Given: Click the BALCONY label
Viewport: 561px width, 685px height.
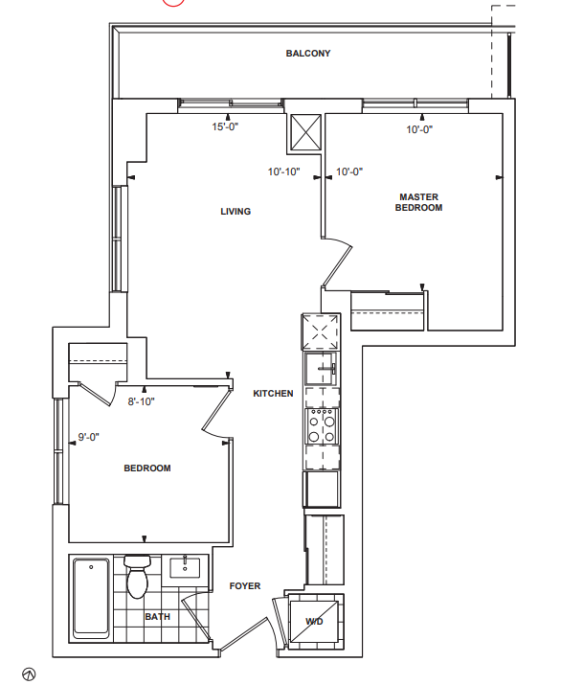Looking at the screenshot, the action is pos(308,54).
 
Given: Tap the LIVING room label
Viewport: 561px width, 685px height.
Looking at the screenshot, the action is pos(236,212).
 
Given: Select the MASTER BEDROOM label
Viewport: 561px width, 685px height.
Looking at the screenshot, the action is pos(418,202).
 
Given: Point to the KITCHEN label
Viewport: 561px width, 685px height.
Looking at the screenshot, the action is pos(273,394).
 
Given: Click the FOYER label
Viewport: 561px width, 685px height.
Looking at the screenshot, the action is pos(245,586).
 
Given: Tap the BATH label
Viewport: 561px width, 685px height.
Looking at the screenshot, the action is pos(158,616).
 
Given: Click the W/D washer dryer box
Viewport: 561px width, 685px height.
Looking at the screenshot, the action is pos(314,621).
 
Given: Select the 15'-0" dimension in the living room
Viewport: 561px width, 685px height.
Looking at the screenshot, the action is pos(225,126).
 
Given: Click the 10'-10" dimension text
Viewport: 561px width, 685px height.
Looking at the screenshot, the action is pos(283,171).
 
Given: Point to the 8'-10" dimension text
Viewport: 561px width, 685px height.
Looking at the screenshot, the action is pos(141,401).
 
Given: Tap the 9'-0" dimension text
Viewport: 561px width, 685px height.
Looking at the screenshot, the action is pos(89,437).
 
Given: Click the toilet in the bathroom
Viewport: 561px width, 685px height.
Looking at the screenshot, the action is pos(137,576).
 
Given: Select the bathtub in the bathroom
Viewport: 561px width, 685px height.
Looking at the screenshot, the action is pos(91,598).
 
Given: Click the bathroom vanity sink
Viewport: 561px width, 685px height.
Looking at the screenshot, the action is pos(185,567).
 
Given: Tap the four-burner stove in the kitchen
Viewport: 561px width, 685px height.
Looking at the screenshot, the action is pos(322,426).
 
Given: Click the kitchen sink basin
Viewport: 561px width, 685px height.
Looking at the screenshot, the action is pos(322,369).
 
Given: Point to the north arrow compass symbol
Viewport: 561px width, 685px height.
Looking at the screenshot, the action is pos(29,674).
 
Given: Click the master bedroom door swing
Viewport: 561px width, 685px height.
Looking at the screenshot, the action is pos(337,263).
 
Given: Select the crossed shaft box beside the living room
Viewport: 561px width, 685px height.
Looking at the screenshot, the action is pos(305,132).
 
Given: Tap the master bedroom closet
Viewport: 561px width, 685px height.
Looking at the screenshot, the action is pos(387,311).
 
